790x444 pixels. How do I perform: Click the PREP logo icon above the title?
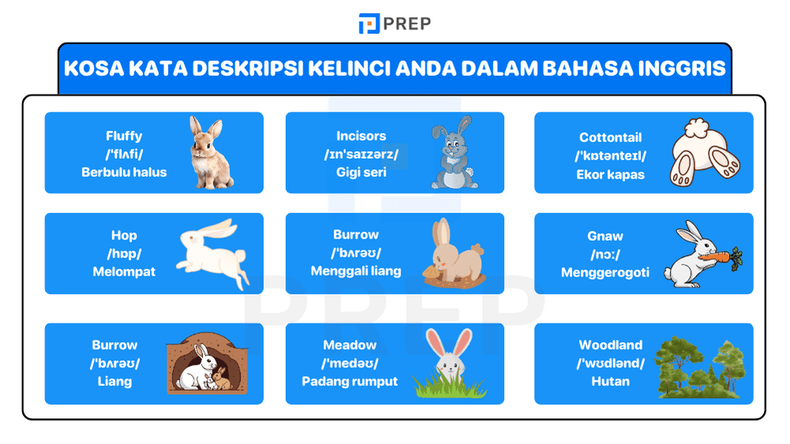(x=369, y=24)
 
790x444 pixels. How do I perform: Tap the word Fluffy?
(x=124, y=136)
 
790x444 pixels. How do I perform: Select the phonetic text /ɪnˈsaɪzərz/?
(x=361, y=154)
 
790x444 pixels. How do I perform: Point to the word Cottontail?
(x=610, y=137)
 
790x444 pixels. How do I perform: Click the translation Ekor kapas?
(x=610, y=174)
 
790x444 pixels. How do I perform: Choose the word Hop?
(x=124, y=235)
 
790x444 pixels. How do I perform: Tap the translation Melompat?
(x=124, y=272)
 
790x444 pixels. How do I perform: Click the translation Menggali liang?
(x=355, y=271)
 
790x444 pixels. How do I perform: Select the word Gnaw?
(x=605, y=236)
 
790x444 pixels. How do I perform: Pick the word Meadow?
(x=350, y=345)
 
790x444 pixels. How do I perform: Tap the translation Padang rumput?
(x=350, y=382)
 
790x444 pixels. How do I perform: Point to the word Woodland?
(x=610, y=345)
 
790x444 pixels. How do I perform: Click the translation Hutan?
(x=610, y=382)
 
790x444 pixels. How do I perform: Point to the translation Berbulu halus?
(x=124, y=172)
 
